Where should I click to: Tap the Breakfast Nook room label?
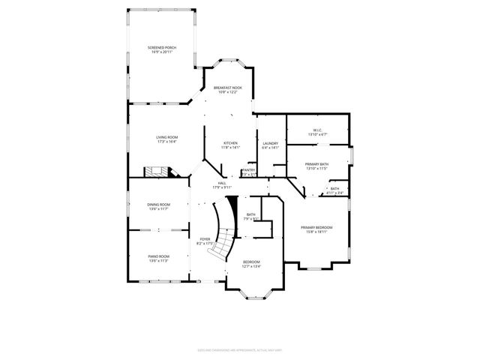(227, 88)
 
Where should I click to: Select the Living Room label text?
(166, 137)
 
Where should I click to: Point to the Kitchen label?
(230, 143)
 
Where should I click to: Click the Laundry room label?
(271, 143)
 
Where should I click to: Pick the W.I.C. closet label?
(318, 130)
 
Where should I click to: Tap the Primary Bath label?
(316, 163)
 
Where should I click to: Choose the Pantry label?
(249, 170)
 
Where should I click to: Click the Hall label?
(222, 183)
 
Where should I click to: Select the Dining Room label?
(158, 204)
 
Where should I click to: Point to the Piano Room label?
(158, 256)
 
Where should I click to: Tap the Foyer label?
(205, 239)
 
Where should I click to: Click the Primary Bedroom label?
(316, 227)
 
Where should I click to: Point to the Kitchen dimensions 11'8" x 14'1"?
(230, 148)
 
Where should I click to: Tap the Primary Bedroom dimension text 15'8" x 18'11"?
(316, 232)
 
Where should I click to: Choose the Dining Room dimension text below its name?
(158, 208)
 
